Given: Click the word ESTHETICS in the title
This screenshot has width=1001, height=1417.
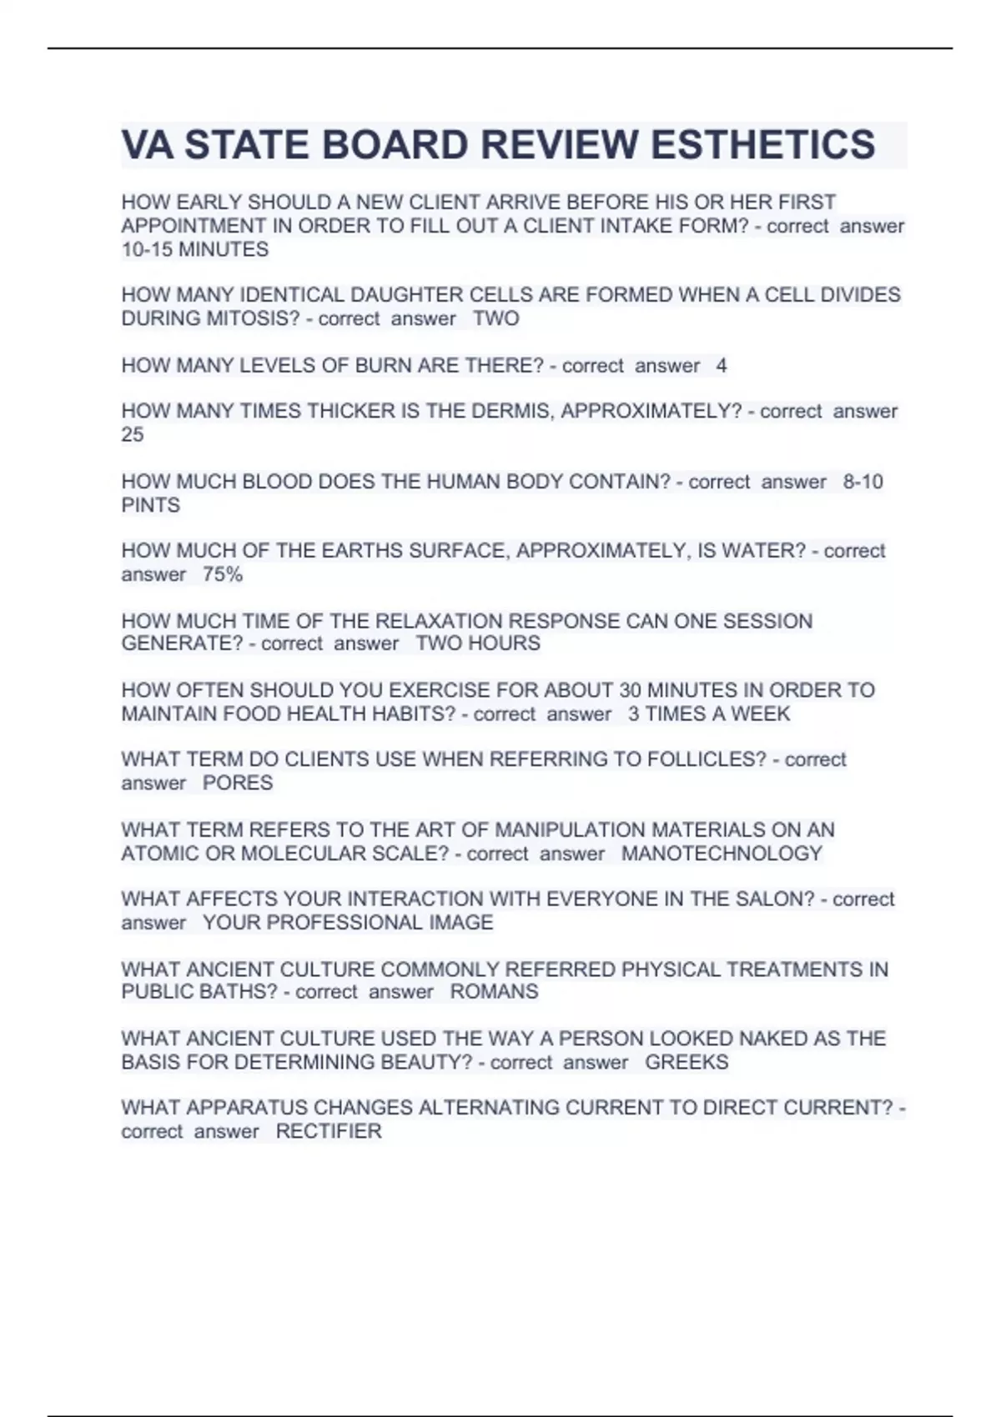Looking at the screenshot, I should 762,145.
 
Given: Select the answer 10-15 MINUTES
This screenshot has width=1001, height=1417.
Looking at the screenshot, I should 195,249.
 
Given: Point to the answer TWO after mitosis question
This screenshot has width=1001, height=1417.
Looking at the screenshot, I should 496,318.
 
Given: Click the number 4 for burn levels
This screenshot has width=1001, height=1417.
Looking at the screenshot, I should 722,365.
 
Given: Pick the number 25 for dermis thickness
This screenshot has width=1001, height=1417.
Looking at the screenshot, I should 133,434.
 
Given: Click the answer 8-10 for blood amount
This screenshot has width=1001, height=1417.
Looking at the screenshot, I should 863,482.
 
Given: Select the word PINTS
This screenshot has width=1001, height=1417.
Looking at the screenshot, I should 151,505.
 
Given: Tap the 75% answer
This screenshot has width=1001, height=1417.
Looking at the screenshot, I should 223,574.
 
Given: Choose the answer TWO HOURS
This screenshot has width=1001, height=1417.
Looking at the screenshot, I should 478,643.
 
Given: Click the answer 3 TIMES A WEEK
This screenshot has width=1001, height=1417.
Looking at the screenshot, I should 709,714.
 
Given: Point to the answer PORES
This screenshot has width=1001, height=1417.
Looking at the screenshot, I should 238,783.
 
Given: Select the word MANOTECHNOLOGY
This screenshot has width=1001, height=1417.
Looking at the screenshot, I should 722,854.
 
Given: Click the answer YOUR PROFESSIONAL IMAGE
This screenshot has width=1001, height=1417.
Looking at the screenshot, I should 348,923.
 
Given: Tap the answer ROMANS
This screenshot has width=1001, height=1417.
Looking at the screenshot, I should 494,992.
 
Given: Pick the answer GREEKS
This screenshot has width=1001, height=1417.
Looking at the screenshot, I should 687,1062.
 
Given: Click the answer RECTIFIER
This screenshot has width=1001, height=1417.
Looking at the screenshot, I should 329,1131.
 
